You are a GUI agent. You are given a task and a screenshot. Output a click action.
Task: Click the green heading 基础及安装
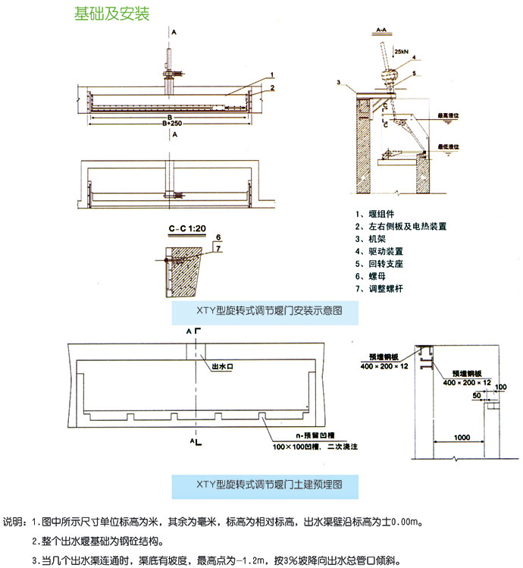pyautogui.click(x=111, y=14)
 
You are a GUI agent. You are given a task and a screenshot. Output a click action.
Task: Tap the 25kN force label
pyautogui.click(x=402, y=51)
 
